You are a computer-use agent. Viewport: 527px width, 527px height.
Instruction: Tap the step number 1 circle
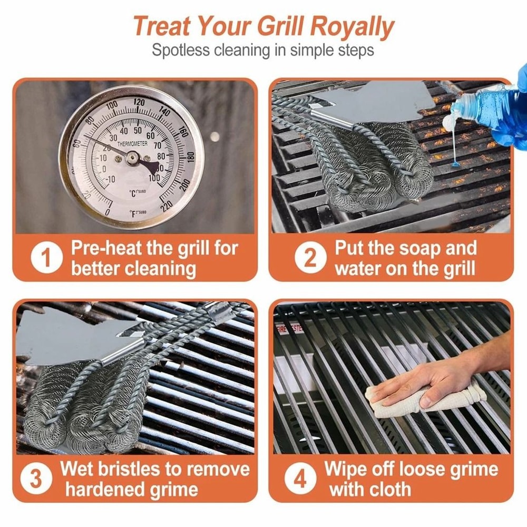(x=47, y=259)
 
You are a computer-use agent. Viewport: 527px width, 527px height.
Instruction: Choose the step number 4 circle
(x=299, y=480)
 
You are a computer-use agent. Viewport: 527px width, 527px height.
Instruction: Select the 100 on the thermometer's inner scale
(x=154, y=178)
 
